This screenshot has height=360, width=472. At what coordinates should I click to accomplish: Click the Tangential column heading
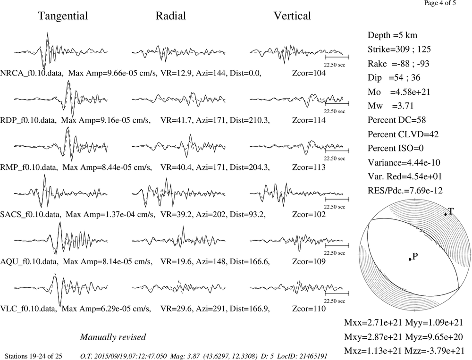pos(63,16)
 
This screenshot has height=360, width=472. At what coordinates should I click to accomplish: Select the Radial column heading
pos(171,16)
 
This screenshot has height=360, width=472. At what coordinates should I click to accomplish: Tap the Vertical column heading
pos(292,16)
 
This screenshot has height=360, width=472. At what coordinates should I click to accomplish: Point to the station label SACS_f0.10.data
pos(31,214)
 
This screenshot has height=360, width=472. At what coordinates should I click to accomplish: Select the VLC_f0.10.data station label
pos(29,309)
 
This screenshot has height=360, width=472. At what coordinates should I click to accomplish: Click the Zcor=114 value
pos(309,120)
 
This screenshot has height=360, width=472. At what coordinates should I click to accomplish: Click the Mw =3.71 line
pos(391,106)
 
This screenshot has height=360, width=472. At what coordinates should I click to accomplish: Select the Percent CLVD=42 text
pos(403,134)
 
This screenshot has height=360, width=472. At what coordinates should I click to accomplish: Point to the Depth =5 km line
pos(392,35)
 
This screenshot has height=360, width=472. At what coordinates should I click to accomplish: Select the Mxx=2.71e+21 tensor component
pos(373,322)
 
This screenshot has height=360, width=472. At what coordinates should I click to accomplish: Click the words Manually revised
pos(113,337)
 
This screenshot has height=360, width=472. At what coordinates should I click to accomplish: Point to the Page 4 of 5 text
pos(440,3)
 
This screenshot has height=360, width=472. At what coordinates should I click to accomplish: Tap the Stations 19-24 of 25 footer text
pos(34,356)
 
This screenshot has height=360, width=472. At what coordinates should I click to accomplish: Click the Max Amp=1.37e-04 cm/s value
pos(110,214)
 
